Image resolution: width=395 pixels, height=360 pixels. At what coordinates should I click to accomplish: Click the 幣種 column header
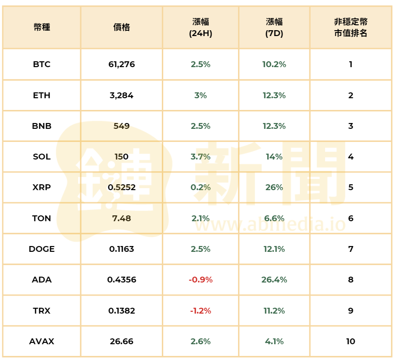(x=41, y=27)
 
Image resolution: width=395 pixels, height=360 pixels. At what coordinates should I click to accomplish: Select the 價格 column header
(x=121, y=27)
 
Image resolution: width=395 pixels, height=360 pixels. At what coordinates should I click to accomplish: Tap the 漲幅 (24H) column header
(x=200, y=27)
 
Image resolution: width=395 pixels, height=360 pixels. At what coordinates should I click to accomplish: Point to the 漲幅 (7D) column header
(x=274, y=27)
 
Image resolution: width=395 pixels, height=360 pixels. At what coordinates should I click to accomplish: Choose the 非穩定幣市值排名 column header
(x=350, y=27)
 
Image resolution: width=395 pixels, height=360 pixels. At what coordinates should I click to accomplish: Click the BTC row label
(x=41, y=64)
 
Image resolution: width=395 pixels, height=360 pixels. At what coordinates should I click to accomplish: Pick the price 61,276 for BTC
(x=121, y=64)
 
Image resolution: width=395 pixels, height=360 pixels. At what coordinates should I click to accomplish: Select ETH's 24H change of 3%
(x=200, y=96)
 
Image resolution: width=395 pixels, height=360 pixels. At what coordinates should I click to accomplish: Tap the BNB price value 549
(x=121, y=126)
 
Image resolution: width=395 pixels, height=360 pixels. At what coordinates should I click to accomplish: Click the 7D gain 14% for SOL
(x=274, y=157)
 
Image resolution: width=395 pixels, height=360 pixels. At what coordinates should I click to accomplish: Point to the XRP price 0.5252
(x=121, y=187)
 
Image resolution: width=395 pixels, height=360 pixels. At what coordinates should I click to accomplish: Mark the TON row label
(x=41, y=219)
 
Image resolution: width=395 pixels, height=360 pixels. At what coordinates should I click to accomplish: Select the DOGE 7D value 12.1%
(x=274, y=249)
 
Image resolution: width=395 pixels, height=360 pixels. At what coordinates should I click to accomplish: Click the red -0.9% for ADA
(x=200, y=280)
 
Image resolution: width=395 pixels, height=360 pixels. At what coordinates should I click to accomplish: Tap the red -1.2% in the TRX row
(x=200, y=311)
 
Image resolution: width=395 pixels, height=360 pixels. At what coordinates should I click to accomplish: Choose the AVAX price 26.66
(x=121, y=342)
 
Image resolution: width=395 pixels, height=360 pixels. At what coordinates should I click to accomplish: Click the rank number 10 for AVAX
(x=350, y=342)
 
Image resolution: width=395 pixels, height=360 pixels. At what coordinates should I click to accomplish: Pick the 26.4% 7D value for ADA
(x=274, y=280)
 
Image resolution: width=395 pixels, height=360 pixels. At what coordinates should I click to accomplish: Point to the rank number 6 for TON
(x=350, y=219)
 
